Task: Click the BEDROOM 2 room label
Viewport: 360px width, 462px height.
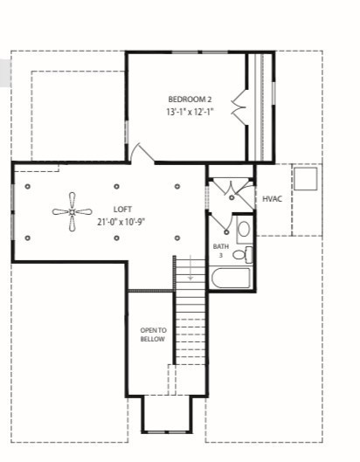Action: [190, 99]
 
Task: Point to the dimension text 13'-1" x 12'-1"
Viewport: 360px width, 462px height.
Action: [190, 112]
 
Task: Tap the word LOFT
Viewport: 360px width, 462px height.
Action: [121, 209]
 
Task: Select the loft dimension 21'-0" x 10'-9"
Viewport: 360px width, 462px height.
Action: [121, 222]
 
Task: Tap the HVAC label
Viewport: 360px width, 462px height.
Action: [272, 199]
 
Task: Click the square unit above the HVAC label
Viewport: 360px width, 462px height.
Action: [305, 178]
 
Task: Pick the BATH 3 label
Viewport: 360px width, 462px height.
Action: [220, 251]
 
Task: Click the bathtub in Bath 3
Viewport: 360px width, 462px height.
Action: [232, 279]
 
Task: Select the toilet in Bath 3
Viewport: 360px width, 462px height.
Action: [248, 255]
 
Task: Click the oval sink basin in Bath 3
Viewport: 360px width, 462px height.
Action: [244, 230]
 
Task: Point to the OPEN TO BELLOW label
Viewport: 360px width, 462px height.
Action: [152, 334]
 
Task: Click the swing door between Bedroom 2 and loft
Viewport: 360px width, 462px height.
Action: [140, 153]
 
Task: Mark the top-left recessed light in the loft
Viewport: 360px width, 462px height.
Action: [28, 186]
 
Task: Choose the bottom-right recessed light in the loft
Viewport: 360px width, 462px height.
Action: [177, 238]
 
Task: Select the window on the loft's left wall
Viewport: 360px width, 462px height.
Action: [12, 210]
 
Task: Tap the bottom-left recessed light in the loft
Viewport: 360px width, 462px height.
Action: [28, 238]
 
